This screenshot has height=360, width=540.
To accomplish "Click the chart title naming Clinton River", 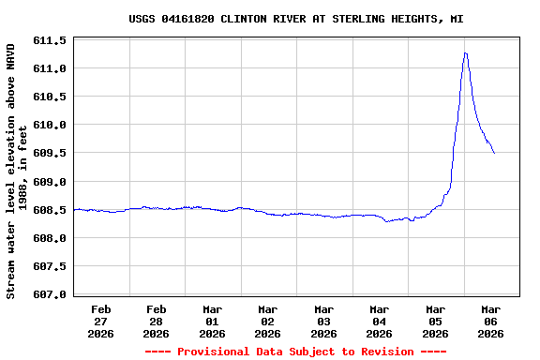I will coord(296,19).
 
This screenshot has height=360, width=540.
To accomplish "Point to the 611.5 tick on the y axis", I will coord(50,41).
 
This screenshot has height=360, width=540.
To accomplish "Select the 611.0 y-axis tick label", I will coord(50,69).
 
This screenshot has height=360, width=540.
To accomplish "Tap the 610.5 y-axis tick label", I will coord(50,97).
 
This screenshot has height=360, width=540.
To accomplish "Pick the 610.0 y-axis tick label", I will coord(50,126).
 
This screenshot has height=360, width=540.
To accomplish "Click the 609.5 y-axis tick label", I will coord(50,154).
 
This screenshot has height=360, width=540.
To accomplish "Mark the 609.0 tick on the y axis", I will coord(50,182).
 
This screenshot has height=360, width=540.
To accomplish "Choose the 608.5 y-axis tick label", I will coord(50,210).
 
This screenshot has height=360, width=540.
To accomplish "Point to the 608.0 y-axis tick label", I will coord(50,238).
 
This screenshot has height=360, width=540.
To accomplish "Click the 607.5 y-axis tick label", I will coord(50,266).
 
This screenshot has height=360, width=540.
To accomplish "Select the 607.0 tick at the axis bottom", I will coord(50,294).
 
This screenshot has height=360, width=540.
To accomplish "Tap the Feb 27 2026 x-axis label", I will coord(100,321).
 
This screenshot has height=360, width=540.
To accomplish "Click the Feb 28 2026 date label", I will coord(156,321).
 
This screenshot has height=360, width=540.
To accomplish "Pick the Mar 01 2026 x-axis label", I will coord(212,321).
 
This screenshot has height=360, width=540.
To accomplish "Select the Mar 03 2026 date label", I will coord(323,321).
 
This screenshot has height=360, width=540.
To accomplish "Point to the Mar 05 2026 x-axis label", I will coord(435,321).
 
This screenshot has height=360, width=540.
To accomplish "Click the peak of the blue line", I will coord(465,53).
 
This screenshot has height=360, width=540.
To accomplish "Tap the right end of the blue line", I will coord(494,153).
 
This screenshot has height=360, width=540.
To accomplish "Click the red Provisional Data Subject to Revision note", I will coord(296,352).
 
